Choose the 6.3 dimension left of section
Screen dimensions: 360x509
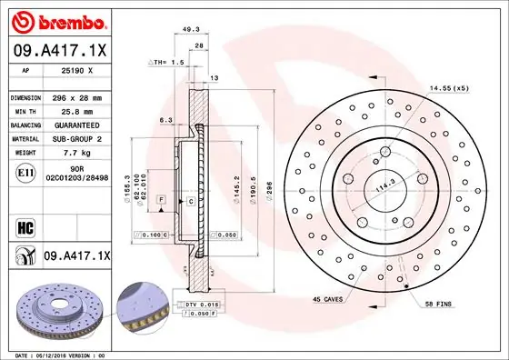click(x=165, y=119)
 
